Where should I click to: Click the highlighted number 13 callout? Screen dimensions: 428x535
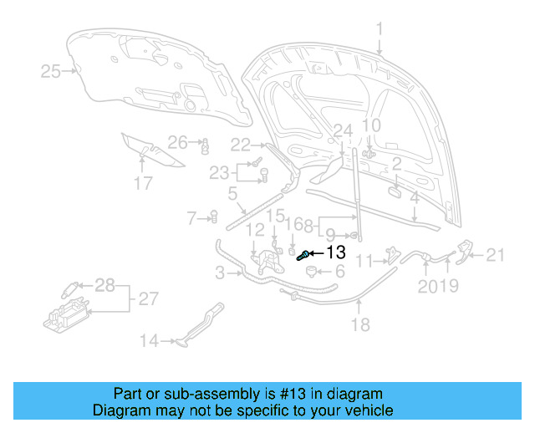[x=335, y=252]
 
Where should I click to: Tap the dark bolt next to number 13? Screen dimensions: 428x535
[x=304, y=255]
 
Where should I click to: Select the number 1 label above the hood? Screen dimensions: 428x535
[x=379, y=31]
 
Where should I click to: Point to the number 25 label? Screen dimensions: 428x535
[x=51, y=72]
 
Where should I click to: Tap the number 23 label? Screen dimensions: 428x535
[x=219, y=173]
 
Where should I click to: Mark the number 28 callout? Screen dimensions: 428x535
[x=104, y=286]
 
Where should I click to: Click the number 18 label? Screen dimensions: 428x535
[x=359, y=325]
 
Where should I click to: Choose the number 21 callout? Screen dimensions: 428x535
[x=497, y=255]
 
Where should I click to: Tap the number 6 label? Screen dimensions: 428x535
[x=339, y=272]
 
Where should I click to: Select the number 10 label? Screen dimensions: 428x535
[x=371, y=126]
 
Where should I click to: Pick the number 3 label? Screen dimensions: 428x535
[x=220, y=272]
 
